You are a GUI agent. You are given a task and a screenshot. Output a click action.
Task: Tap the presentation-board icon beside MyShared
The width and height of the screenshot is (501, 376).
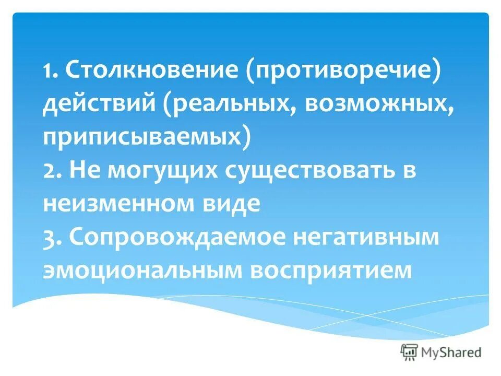click(x=410, y=352)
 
